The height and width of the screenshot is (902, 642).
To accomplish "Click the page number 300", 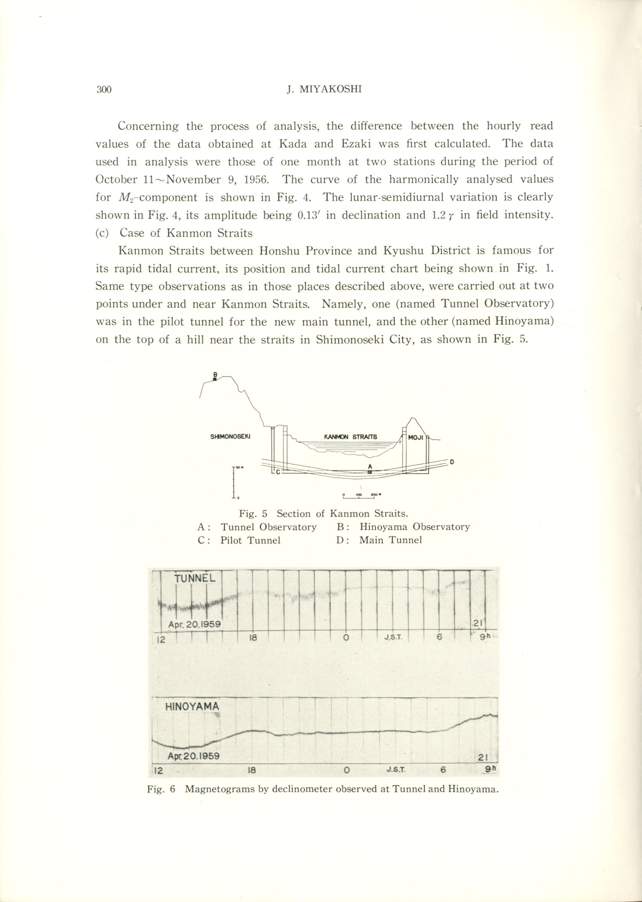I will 104,90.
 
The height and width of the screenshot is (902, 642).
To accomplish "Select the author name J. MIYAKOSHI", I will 324,89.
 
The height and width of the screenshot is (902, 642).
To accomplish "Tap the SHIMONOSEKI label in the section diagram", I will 230,437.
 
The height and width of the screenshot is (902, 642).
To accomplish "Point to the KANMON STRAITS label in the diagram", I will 350,437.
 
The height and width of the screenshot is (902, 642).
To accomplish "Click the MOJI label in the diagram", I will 415,438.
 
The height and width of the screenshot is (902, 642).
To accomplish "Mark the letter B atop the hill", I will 215,374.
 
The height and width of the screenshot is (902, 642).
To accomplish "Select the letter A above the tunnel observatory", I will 370,467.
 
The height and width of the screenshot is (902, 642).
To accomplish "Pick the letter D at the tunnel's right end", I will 452,462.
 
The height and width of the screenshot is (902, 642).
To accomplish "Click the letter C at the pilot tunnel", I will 278,472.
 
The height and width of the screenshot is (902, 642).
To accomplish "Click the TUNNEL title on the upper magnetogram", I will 195,578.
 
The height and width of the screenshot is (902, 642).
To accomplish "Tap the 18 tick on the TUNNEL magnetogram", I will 253,638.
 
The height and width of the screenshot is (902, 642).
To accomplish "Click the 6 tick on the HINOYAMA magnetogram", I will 443,770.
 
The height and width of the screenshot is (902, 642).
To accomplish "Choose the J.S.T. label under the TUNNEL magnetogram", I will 393,638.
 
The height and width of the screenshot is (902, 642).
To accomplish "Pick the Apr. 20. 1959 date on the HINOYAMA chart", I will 193,756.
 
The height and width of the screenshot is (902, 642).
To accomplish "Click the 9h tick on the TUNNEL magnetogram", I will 485,638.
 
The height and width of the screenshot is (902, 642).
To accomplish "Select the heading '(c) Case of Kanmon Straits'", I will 174,233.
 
